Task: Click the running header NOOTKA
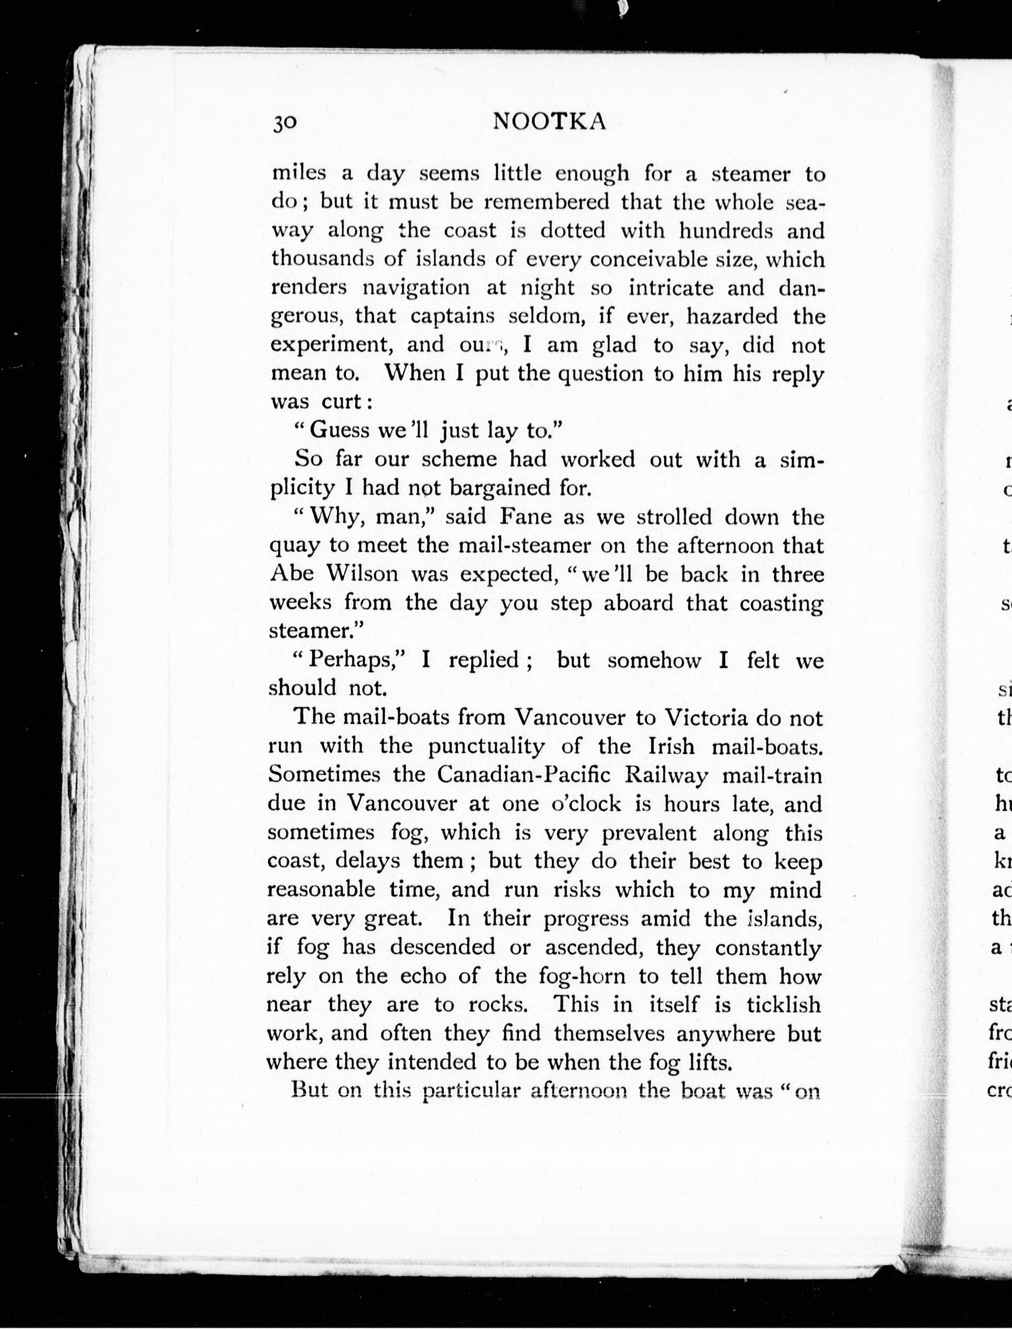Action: [549, 122]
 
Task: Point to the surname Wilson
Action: [362, 573]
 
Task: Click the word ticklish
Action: [783, 1004]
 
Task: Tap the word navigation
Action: [416, 287]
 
